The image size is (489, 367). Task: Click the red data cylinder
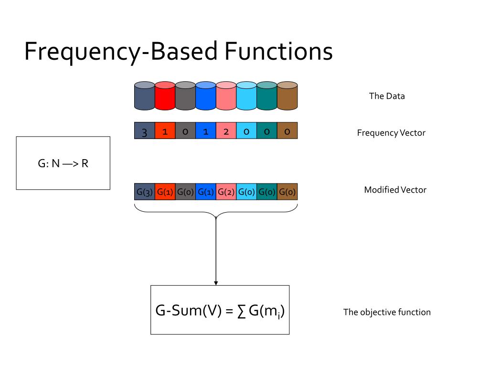(x=165, y=96)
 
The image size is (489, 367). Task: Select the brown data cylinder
(x=287, y=96)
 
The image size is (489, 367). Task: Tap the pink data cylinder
(x=226, y=96)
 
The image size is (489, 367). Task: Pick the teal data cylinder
(x=267, y=96)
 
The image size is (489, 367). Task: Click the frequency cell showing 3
(x=145, y=131)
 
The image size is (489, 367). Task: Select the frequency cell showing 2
(x=226, y=131)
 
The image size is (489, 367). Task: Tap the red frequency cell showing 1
(x=165, y=131)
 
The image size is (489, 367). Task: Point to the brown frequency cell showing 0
(x=287, y=131)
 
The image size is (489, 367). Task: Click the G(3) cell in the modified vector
(x=145, y=192)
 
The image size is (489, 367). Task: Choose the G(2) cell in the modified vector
(x=226, y=192)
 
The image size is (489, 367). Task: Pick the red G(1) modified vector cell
(x=165, y=192)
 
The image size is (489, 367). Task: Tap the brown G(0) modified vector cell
(x=287, y=192)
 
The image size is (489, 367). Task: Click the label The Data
(x=387, y=96)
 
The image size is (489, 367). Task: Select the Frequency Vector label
(x=391, y=133)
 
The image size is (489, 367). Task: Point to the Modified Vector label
(x=395, y=190)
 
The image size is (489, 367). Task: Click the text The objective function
(x=387, y=313)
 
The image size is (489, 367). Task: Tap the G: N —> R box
(x=63, y=163)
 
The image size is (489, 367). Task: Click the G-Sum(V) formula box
(x=220, y=310)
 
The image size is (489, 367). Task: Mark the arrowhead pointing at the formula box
(x=216, y=282)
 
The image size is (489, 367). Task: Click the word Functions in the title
(x=279, y=52)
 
